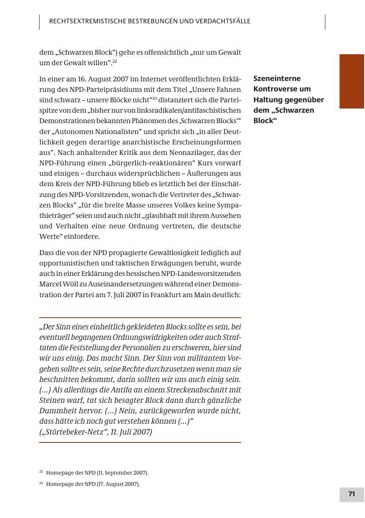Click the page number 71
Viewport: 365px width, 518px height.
point(352,494)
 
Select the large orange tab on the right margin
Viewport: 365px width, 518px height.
point(352,81)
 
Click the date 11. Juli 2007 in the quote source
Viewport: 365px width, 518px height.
point(130,432)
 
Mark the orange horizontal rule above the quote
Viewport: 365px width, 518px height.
point(140,318)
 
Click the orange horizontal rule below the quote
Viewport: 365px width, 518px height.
point(140,442)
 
